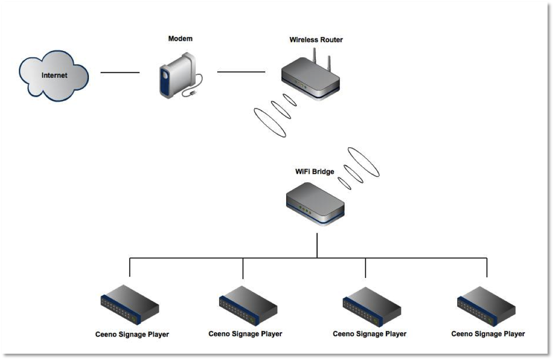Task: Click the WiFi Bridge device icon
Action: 315,203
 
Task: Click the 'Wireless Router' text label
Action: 316,40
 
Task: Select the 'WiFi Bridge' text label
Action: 314,171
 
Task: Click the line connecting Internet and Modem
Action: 120,73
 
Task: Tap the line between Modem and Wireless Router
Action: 241,72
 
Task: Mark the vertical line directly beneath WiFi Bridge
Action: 317,245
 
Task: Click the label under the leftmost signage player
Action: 132,335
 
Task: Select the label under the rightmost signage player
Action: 488,334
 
